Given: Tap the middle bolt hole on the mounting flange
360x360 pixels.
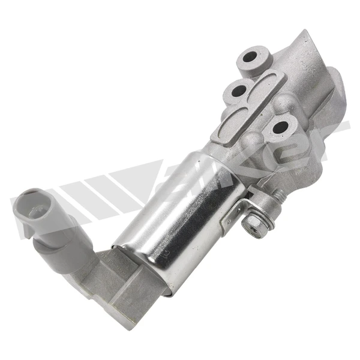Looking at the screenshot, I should click(239, 91).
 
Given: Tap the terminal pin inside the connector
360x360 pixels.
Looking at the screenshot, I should click(33, 211).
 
